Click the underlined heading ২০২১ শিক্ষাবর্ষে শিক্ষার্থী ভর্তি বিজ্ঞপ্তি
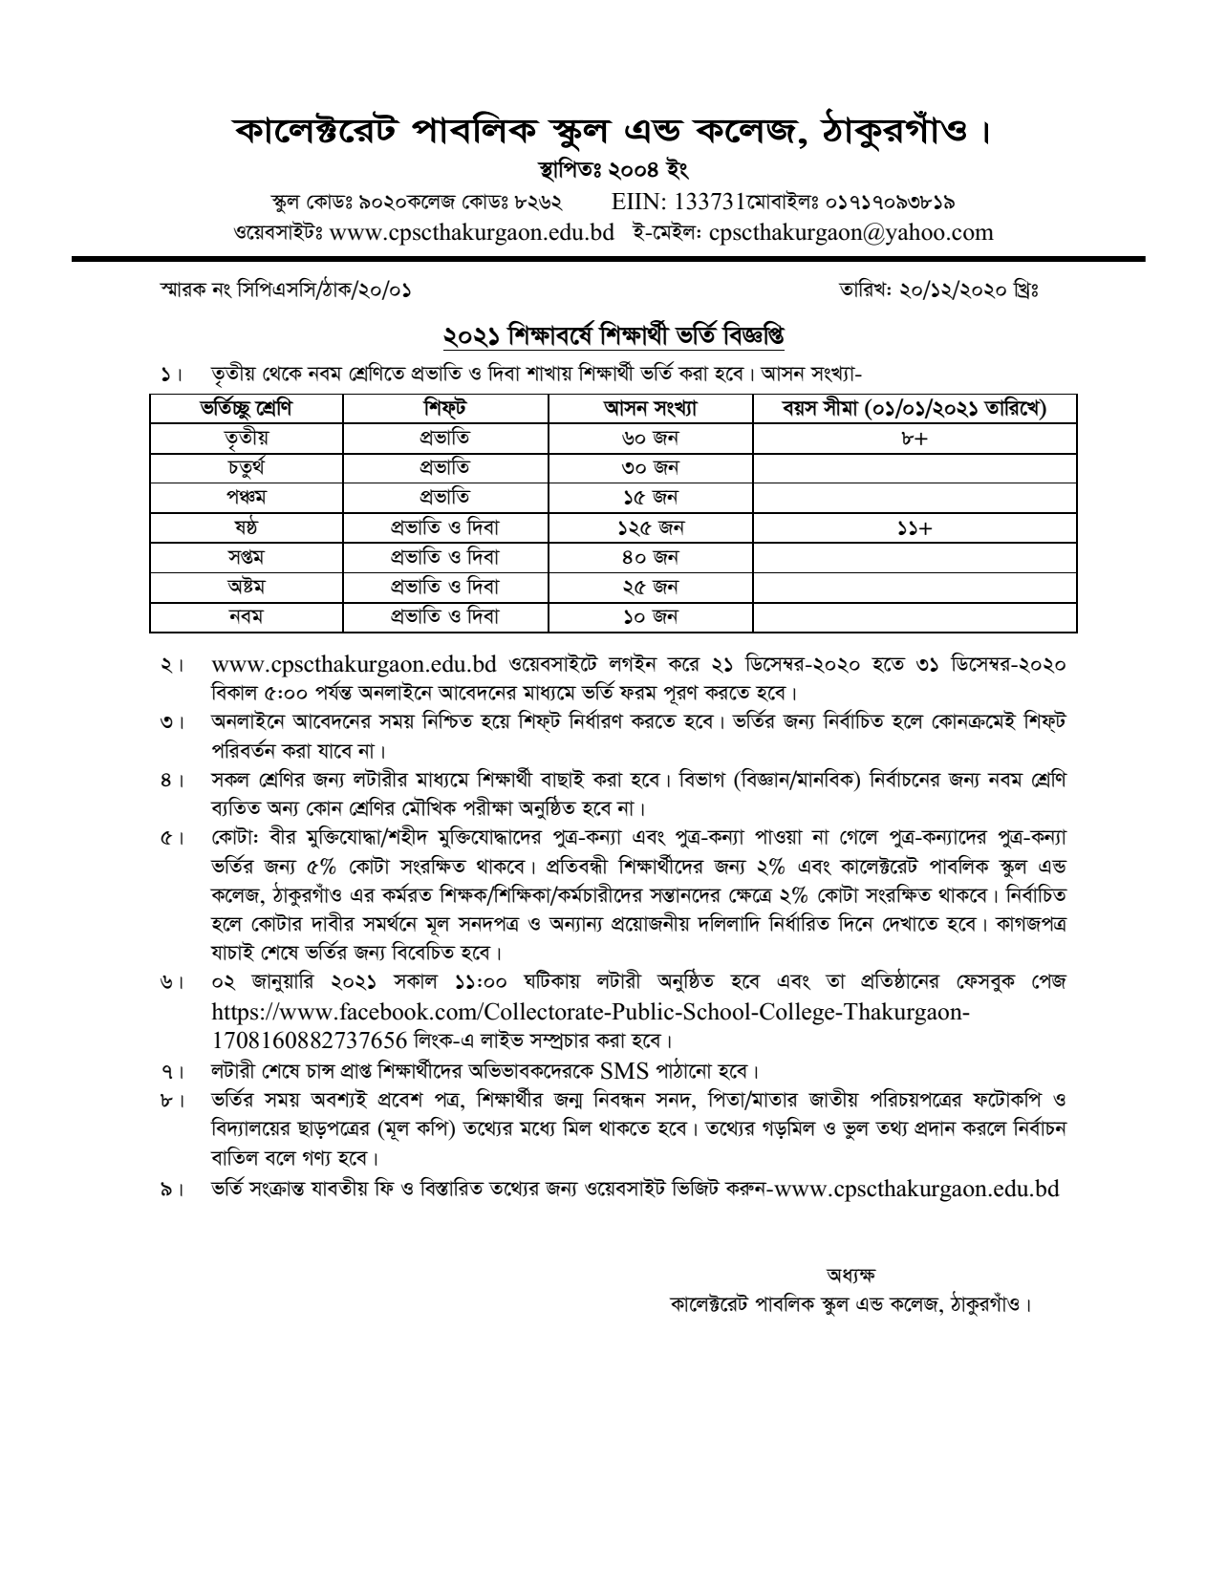coord(613,338)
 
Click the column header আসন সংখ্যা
coord(650,408)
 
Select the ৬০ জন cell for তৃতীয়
coord(650,439)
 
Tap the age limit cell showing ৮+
coord(915,439)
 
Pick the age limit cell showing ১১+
coord(915,527)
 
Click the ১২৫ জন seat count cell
coord(650,527)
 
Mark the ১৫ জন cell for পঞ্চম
coord(650,498)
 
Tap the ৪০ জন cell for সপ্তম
coord(650,557)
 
